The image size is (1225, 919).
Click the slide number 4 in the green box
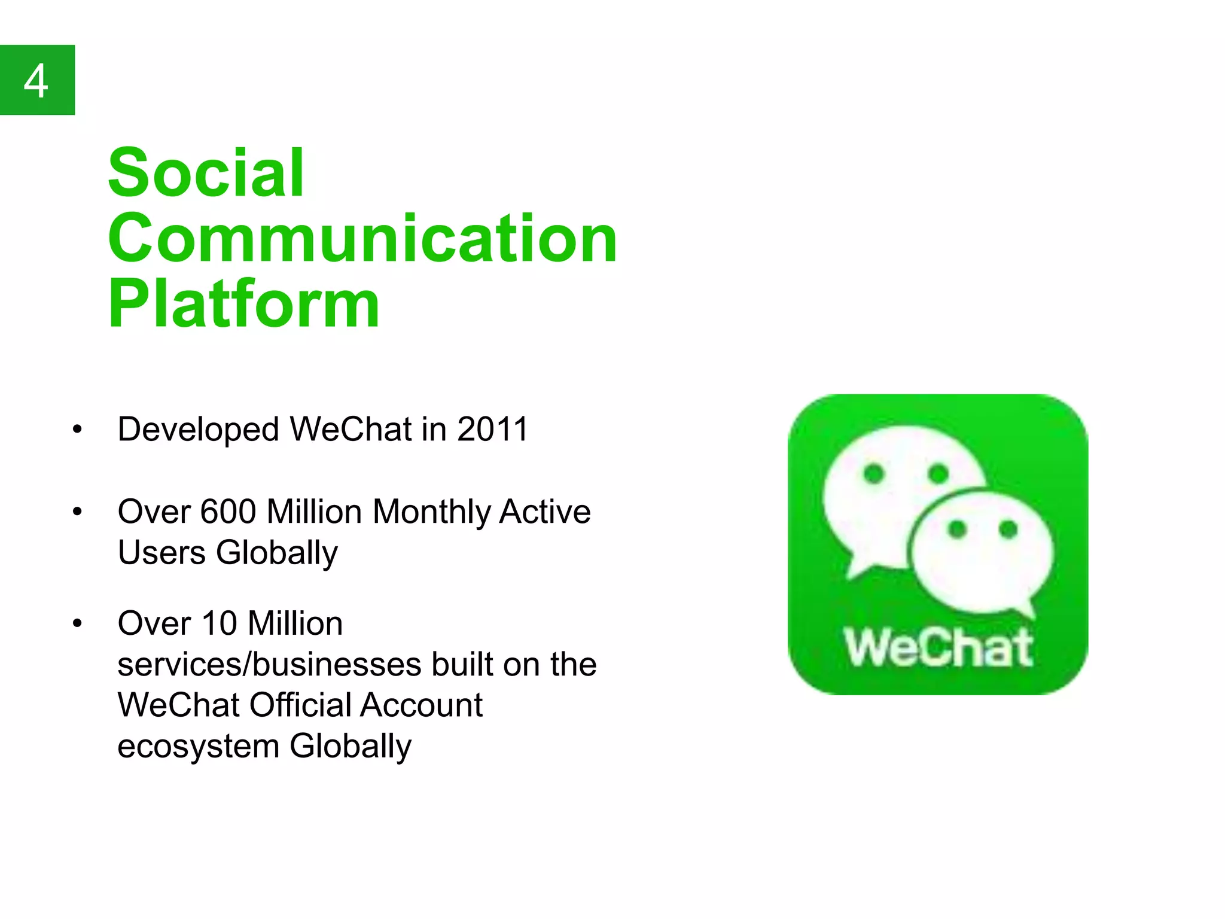pos(36,81)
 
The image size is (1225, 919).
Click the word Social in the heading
pos(206,173)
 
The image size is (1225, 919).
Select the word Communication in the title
pos(362,239)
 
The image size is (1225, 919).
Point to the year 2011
pos(493,429)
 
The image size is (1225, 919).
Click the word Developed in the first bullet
pos(198,430)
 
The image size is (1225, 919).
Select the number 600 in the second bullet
pos(228,512)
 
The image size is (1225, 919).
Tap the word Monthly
pos(431,512)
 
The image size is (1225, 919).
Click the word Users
pos(161,552)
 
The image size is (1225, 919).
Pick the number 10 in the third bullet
pos(220,623)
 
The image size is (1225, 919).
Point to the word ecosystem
pos(198,746)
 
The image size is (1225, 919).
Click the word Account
pos(421,705)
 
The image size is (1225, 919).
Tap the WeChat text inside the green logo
pos(938,648)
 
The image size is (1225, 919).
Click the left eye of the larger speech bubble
pos(874,474)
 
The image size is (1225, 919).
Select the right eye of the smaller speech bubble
pos(1008,529)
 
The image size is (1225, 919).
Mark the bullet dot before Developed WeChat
pos(77,429)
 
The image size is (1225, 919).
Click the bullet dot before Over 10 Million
pos(77,623)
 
